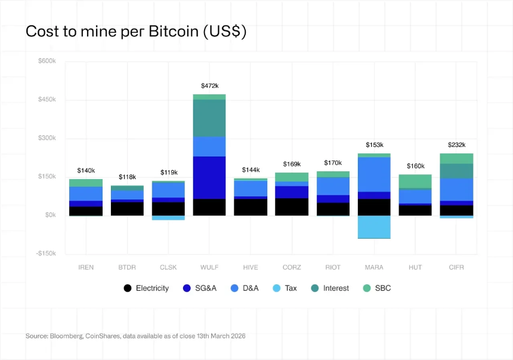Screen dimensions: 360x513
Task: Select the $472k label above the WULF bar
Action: (209, 86)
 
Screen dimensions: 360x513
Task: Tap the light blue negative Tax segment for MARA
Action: (374, 227)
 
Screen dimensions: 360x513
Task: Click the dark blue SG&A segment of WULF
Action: (209, 177)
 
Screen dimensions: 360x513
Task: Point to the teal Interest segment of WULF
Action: (209, 118)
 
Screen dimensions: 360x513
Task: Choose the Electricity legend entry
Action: (146, 288)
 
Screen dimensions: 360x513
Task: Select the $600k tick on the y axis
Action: (47, 61)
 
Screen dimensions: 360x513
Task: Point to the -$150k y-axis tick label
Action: (45, 254)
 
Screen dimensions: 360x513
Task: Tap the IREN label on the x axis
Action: (86, 267)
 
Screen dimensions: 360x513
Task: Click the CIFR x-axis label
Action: (456, 267)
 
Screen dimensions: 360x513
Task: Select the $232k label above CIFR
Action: (456, 145)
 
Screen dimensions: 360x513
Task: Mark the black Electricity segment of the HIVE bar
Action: (251, 207)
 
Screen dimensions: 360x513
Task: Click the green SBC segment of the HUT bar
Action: (415, 181)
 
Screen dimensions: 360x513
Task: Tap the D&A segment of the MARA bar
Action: (374, 174)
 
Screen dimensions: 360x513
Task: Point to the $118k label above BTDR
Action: (127, 177)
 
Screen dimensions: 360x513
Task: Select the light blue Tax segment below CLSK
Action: (168, 217)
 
